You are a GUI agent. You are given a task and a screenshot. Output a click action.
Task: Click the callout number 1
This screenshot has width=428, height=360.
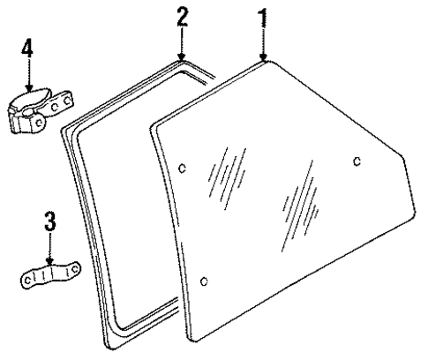pyautogui.click(x=261, y=19)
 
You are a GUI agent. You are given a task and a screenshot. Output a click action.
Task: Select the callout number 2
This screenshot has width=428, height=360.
pyautogui.click(x=182, y=18)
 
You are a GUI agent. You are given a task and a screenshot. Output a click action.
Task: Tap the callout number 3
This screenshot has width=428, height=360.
pyautogui.click(x=50, y=221)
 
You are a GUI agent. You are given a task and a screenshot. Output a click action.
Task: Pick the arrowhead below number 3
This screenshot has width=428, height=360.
pyautogui.click(x=50, y=262)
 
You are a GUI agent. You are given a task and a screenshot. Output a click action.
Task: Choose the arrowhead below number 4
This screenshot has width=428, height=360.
pyautogui.click(x=28, y=91)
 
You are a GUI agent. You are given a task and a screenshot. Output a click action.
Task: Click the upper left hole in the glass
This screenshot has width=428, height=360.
pyautogui.click(x=182, y=169)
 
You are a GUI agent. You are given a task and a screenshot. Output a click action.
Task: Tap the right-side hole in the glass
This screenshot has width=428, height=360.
pyautogui.click(x=356, y=160)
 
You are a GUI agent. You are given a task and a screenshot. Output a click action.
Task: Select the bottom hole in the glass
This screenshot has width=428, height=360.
pyautogui.click(x=205, y=281)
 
